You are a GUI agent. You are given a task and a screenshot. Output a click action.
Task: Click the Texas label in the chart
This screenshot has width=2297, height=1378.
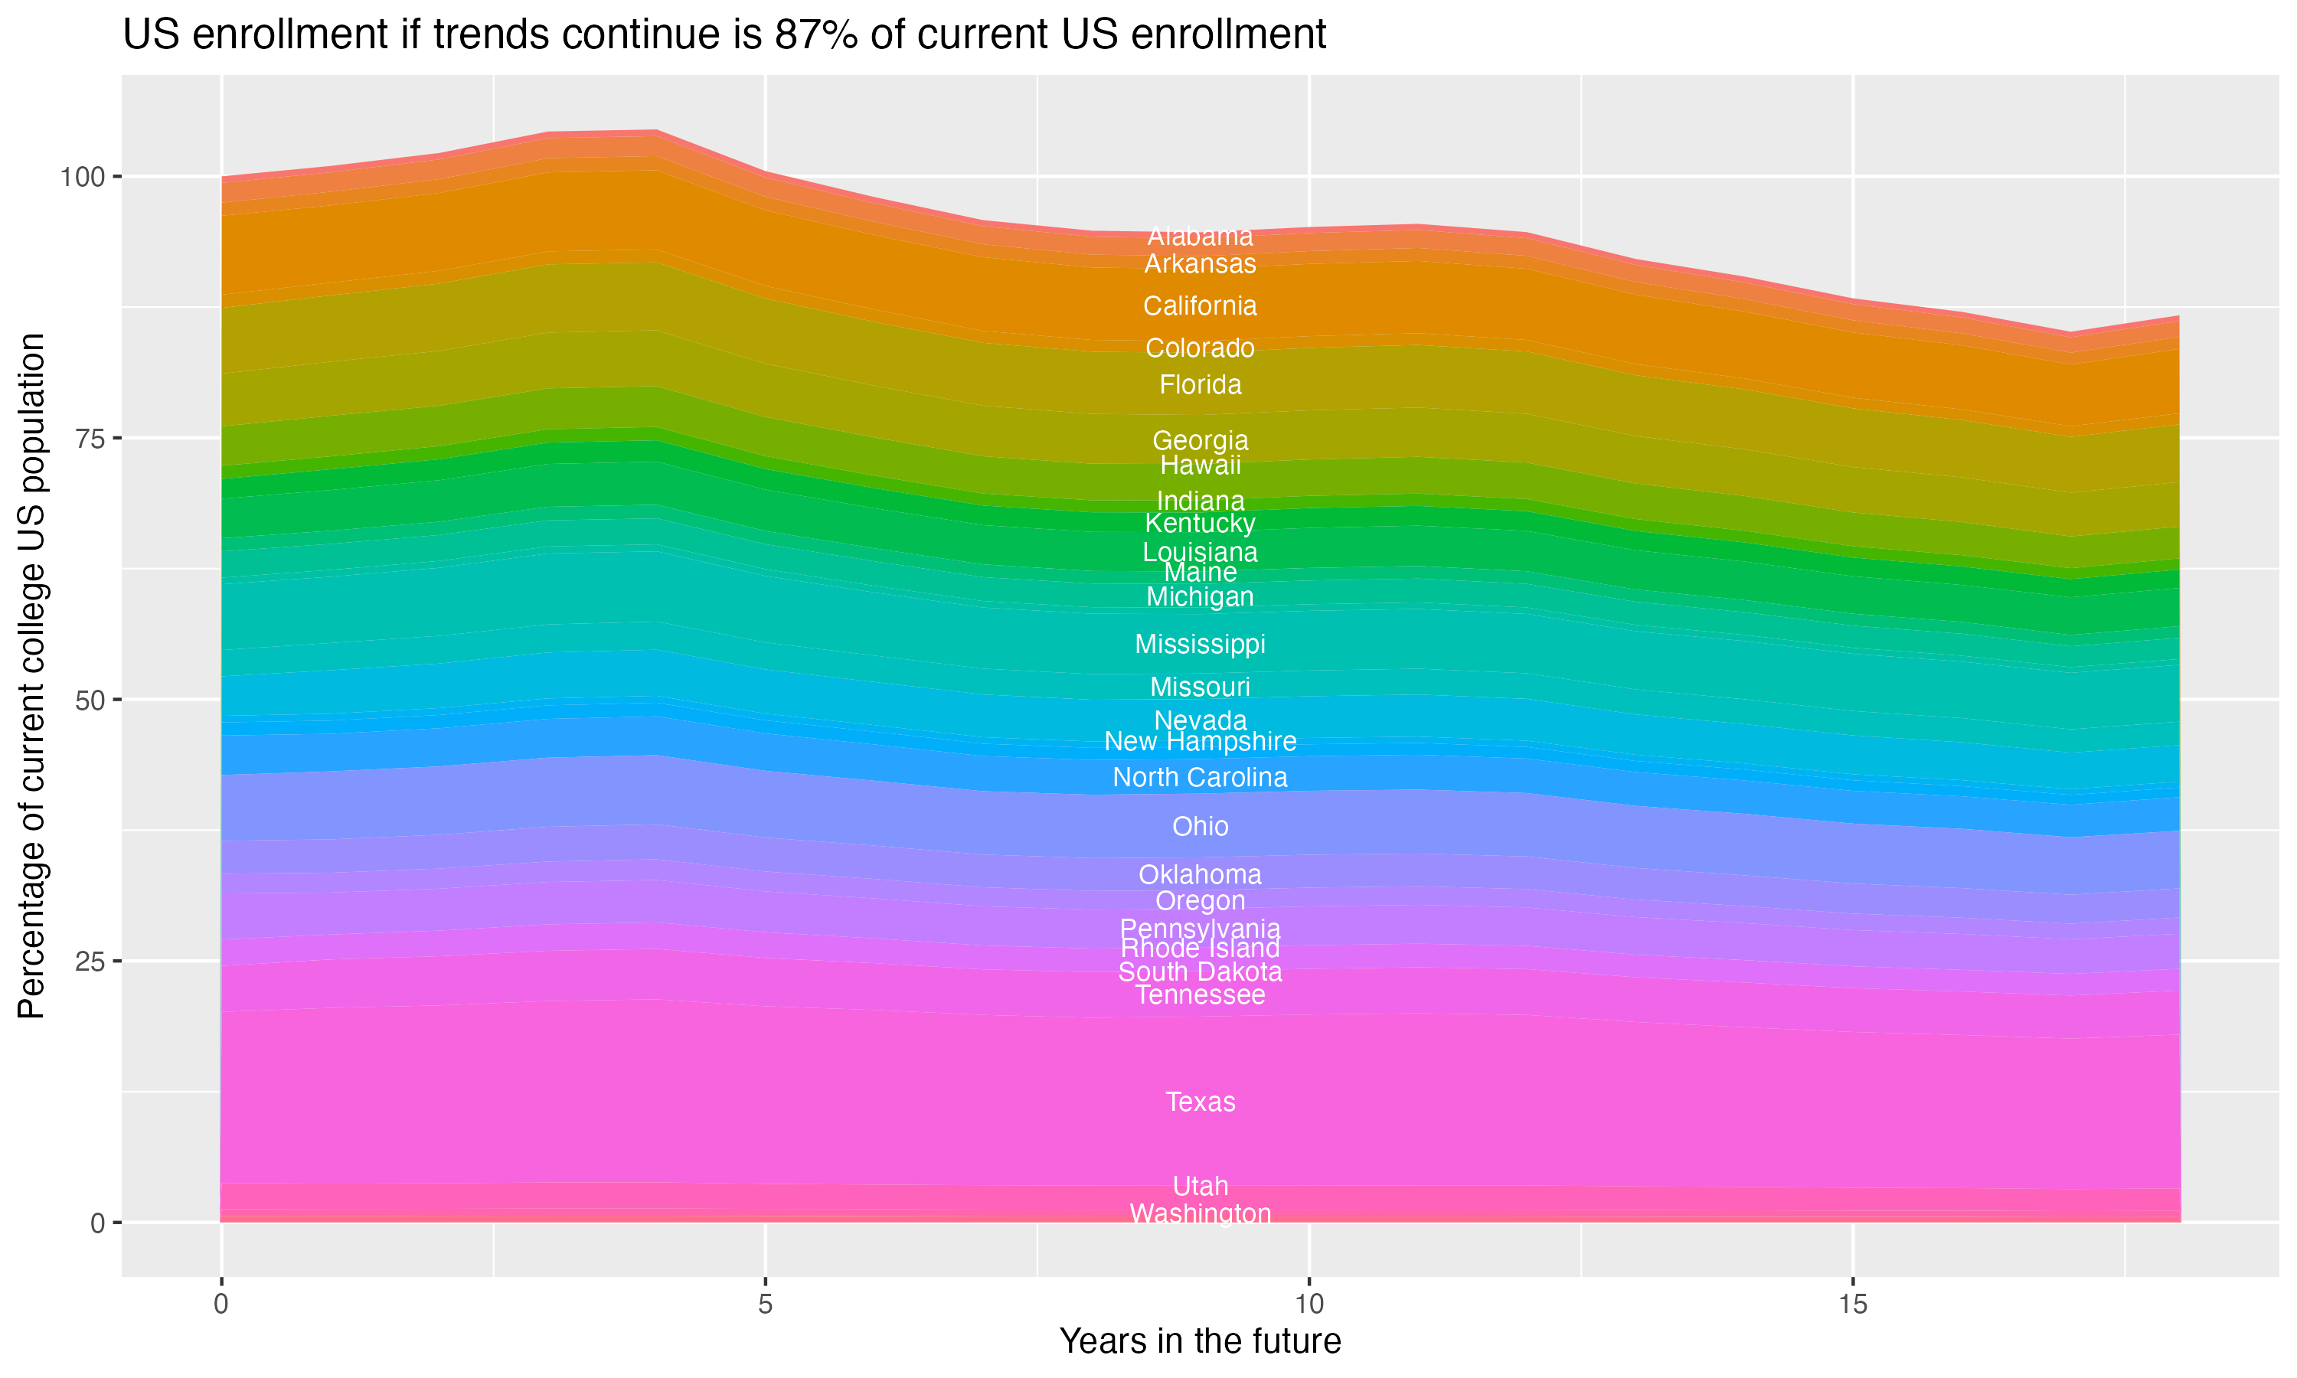coord(1200,1102)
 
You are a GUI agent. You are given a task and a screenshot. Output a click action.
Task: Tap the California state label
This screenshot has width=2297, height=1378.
coord(1200,306)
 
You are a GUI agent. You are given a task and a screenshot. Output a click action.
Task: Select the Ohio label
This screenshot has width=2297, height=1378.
coord(1200,827)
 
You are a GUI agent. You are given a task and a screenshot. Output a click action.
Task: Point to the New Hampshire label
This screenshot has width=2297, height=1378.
coord(1200,742)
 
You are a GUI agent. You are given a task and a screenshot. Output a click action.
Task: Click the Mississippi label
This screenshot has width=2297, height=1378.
coord(1200,645)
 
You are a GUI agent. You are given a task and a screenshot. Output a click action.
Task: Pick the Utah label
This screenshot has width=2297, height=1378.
coord(1200,1187)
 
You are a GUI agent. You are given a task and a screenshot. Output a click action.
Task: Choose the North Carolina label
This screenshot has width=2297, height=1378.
coord(1200,777)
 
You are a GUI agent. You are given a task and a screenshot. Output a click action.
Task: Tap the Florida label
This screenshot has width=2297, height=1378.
coord(1200,385)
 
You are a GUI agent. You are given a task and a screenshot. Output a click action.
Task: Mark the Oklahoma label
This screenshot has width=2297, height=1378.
coord(1200,875)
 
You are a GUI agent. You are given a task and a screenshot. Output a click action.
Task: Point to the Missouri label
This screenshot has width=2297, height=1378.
coord(1200,687)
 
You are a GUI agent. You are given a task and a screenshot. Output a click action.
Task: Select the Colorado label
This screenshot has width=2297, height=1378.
coord(1200,348)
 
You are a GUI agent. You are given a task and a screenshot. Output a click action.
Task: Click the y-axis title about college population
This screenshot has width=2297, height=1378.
coord(32,675)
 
